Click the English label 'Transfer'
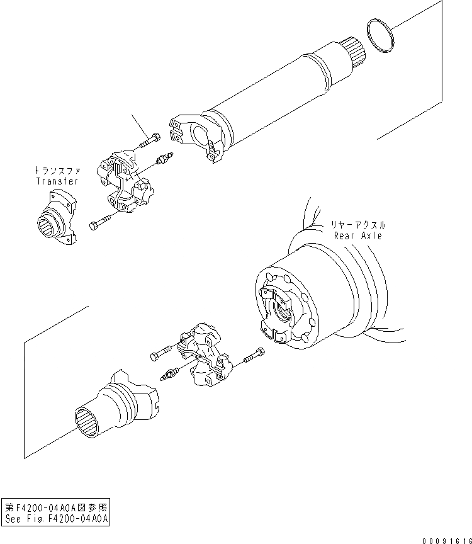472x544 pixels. [x=57, y=181]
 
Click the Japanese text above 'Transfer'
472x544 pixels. [x=57, y=171]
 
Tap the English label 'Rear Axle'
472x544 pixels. [x=358, y=235]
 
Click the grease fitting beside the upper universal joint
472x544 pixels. [x=164, y=160]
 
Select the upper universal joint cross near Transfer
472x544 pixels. [x=125, y=179]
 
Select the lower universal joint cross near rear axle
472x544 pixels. [x=203, y=357]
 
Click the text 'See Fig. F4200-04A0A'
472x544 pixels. [x=57, y=519]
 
